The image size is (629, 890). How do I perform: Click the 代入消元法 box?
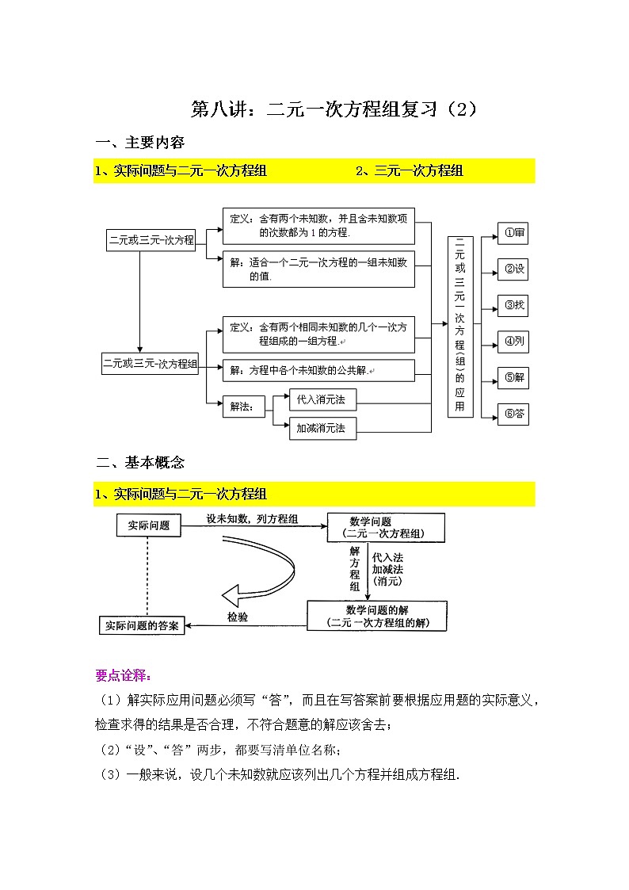314,400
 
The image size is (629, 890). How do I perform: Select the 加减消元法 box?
314,428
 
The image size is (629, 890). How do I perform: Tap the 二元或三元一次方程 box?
151,239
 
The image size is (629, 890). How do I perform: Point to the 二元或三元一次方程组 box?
150,364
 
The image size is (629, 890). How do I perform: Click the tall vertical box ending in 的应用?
460,326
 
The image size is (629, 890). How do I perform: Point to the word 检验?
237,616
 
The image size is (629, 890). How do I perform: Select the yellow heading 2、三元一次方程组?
410,170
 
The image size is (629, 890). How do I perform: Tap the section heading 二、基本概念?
139,462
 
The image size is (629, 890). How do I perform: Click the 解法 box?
243,407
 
